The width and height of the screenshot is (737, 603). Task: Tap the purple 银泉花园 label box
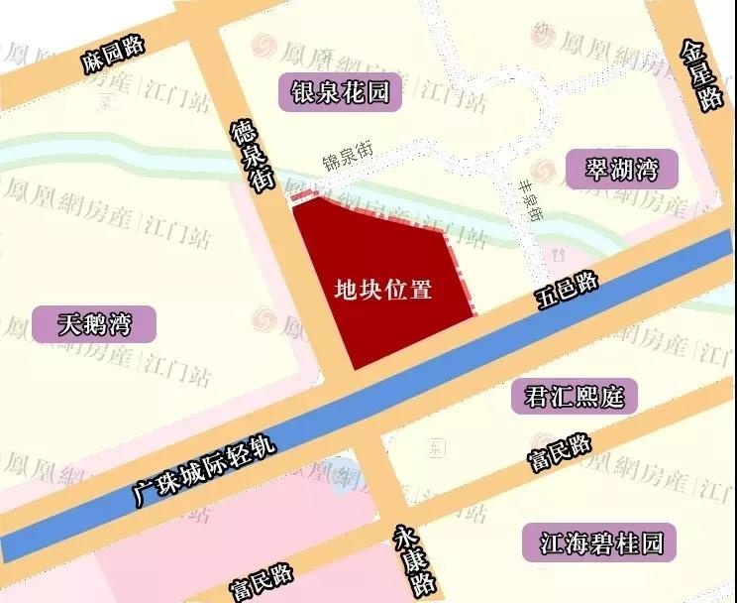click(x=341, y=92)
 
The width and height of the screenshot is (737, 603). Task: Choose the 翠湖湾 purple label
click(x=622, y=170)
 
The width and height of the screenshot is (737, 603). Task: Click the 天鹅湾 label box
click(x=94, y=323)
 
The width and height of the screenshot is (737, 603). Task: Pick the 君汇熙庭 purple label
click(x=574, y=397)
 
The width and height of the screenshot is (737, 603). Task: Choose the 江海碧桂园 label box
click(x=594, y=542)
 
